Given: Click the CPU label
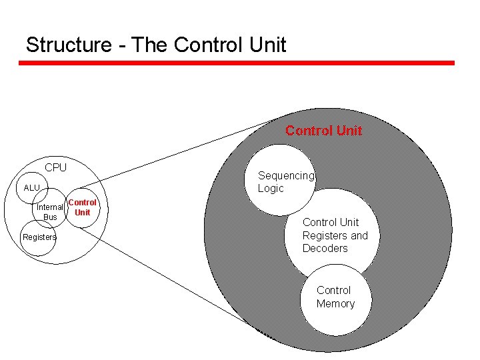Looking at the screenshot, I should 55,167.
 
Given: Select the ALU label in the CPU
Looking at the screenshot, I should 32,188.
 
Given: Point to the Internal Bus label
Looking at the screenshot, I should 50,212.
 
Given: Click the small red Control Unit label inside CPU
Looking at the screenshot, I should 82,207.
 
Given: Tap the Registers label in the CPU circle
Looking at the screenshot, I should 39,237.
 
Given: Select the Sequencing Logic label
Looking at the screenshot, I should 285,182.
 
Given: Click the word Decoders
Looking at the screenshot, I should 325,249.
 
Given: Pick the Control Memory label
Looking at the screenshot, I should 335,297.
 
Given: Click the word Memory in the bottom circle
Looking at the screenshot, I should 335,304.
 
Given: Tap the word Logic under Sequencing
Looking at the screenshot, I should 271,189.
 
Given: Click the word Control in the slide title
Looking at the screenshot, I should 209,45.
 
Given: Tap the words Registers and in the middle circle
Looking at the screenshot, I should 335,235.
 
